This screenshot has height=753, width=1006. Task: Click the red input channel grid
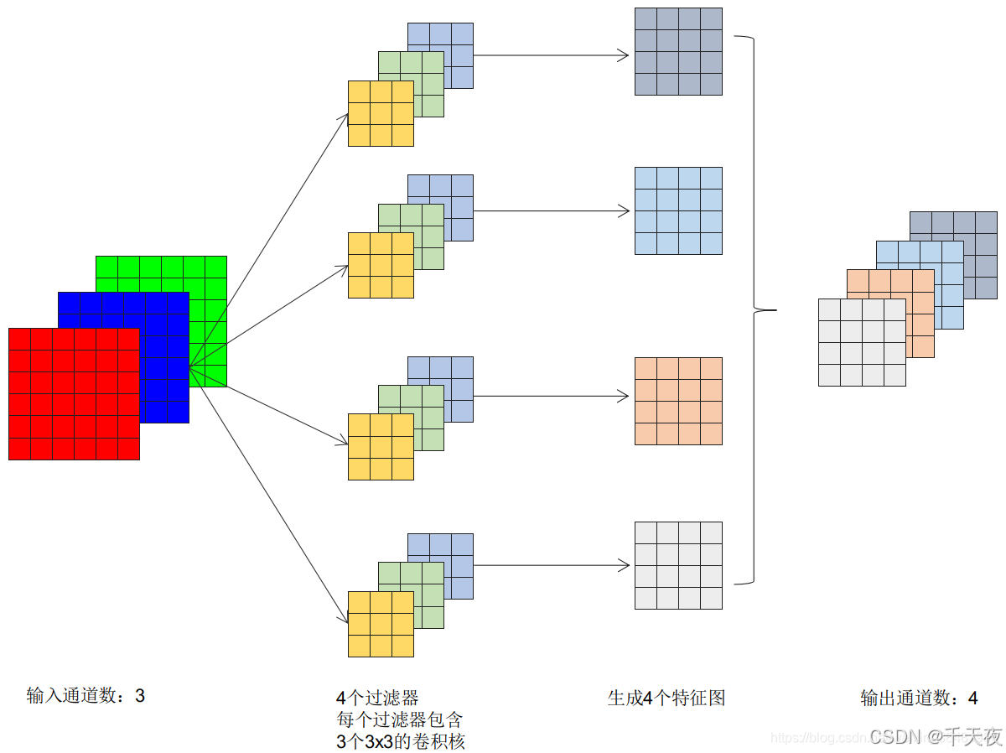pyautogui.click(x=74, y=393)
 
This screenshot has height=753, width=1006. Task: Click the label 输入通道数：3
pyautogui.click(x=86, y=695)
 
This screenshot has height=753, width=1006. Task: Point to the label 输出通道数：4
pyautogui.click(x=919, y=698)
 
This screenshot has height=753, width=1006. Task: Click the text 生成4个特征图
pyautogui.click(x=666, y=698)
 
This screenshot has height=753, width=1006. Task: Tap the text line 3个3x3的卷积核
pyautogui.click(x=400, y=741)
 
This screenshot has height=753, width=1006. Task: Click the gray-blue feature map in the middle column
pyautogui.click(x=678, y=51)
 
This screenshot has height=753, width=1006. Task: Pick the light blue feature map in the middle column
pyautogui.click(x=678, y=210)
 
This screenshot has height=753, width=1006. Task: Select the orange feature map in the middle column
pyautogui.click(x=678, y=401)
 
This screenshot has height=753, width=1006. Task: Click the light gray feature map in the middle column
pyautogui.click(x=678, y=565)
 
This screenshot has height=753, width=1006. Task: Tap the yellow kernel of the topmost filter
pyautogui.click(x=381, y=113)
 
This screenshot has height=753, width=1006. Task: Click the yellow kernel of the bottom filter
pyautogui.click(x=381, y=624)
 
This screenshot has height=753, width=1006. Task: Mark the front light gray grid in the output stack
pyautogui.click(x=862, y=342)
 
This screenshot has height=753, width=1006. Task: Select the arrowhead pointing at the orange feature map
pyautogui.click(x=624, y=396)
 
